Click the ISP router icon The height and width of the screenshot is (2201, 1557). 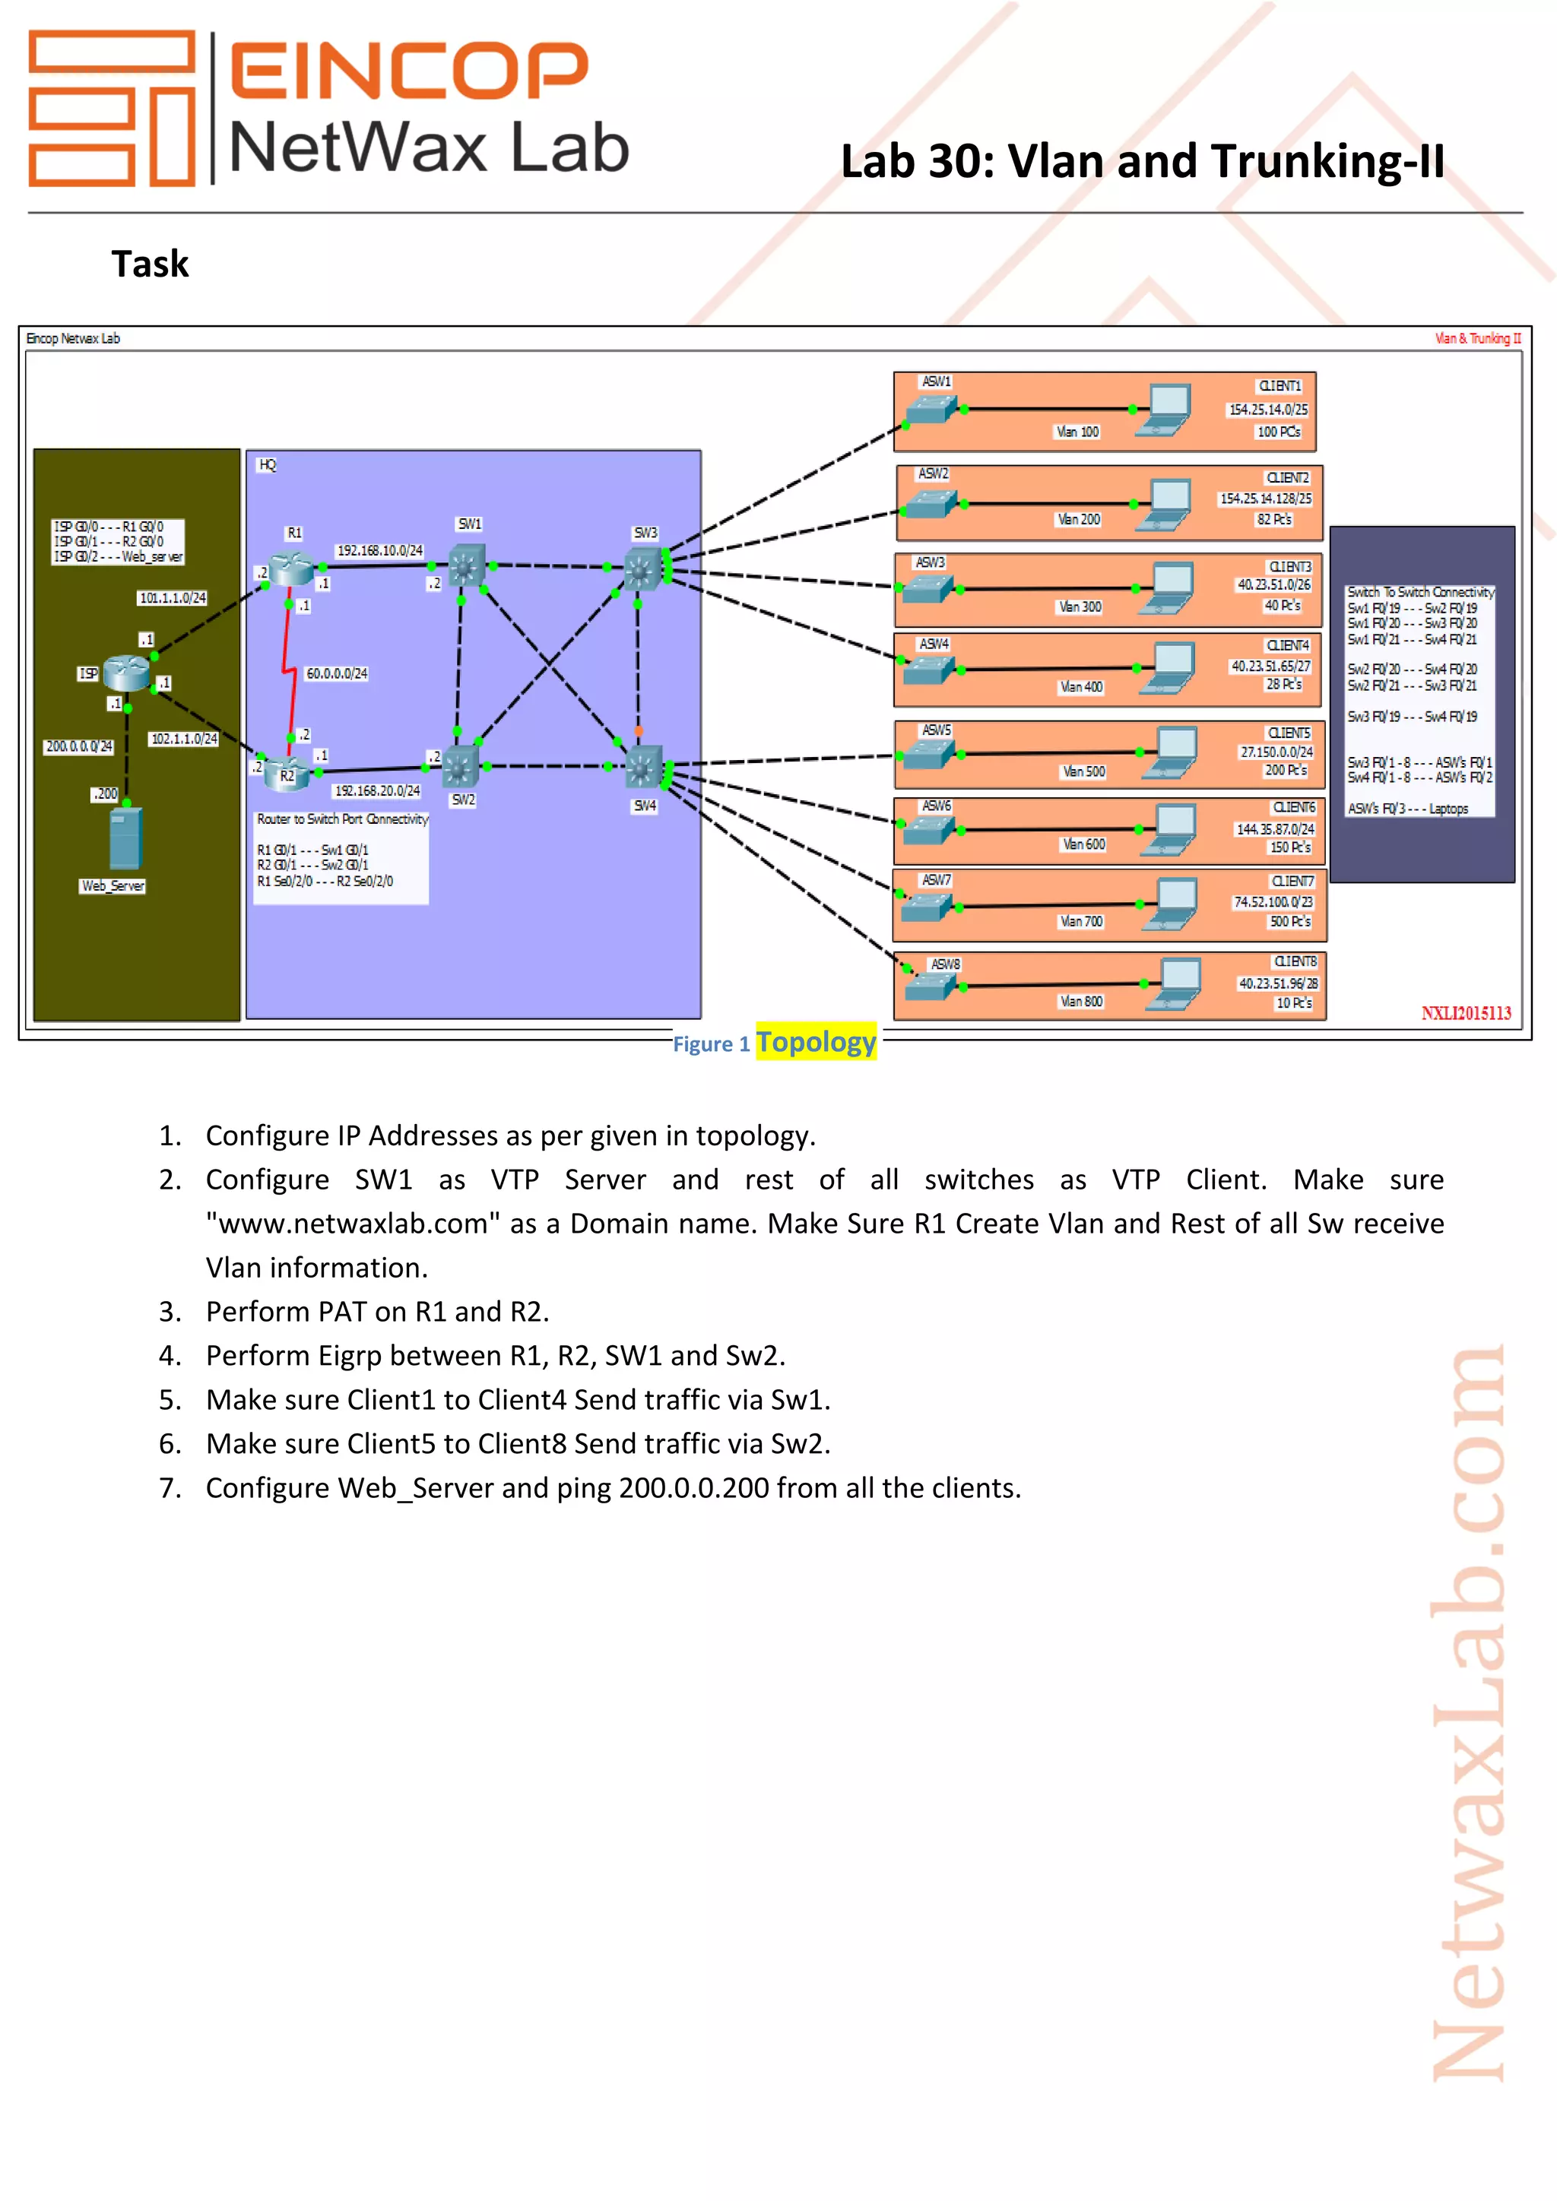(125, 672)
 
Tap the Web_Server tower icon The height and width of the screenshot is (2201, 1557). (125, 838)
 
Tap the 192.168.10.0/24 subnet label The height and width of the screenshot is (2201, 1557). (379, 550)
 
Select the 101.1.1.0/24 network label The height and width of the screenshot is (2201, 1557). (173, 598)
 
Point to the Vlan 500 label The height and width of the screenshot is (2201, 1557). (1083, 771)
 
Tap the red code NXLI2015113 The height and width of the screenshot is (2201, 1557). (1465, 1013)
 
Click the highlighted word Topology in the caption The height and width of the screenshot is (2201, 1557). (816, 1042)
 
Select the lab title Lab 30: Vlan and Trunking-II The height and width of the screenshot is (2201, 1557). (1142, 161)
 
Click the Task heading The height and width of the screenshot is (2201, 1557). (150, 264)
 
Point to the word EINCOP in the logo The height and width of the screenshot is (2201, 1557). (408, 70)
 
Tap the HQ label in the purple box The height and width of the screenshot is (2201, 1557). (268, 465)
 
